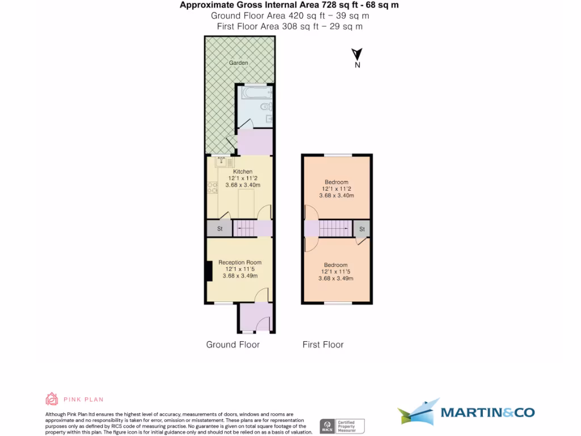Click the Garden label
(238, 62)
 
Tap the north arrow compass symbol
(357, 56)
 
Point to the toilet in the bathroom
(265, 106)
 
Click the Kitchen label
(243, 171)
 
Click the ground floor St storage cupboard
(219, 229)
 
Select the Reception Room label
(240, 262)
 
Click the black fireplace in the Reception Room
(209, 270)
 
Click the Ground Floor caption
(233, 345)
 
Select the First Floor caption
(323, 345)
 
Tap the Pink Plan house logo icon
(52, 399)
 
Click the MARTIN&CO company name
(487, 413)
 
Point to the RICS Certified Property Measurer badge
(342, 426)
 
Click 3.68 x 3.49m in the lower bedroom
(336, 278)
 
